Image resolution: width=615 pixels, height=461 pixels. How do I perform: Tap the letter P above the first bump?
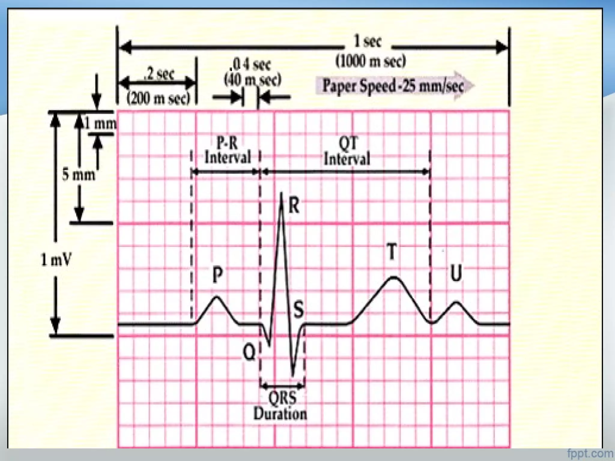click(x=217, y=275)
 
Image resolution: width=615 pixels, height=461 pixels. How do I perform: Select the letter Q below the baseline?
click(x=249, y=352)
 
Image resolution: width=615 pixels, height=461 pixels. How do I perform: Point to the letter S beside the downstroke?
click(x=298, y=310)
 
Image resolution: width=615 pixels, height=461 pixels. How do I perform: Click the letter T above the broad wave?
click(x=392, y=252)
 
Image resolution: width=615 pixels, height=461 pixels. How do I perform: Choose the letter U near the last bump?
click(x=456, y=273)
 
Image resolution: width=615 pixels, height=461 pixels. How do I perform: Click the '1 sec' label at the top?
click(x=368, y=41)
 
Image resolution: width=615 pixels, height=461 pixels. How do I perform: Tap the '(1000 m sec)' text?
click(x=370, y=61)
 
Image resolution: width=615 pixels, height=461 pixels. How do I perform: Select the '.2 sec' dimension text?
click(x=159, y=74)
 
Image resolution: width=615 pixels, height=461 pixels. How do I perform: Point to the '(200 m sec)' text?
click(x=158, y=98)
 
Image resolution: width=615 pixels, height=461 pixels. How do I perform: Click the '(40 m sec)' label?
click(x=253, y=80)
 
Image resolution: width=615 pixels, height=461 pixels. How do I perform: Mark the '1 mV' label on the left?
click(x=56, y=260)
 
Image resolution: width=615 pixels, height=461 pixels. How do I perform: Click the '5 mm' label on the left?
click(x=78, y=174)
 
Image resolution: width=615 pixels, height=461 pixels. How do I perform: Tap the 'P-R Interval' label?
click(x=227, y=150)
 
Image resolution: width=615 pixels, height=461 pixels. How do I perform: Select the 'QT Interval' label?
click(x=347, y=151)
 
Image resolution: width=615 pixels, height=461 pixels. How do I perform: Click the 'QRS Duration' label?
click(x=280, y=406)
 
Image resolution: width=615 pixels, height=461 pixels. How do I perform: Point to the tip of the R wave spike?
click(x=281, y=193)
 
